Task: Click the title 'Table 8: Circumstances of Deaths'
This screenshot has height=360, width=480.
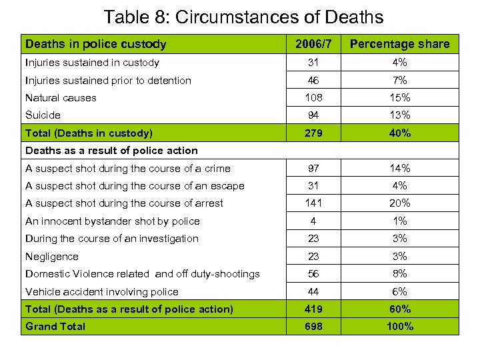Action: [x=243, y=16]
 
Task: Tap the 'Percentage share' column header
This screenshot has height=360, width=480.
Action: [x=399, y=44]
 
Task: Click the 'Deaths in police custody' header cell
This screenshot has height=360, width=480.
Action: [x=95, y=44]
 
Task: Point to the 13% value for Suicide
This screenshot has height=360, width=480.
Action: [x=399, y=115]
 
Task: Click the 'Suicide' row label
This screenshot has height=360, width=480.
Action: [x=43, y=115]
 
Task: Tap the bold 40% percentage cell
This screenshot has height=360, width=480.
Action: [x=399, y=133]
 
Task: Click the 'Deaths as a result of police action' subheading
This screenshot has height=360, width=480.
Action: [x=111, y=150]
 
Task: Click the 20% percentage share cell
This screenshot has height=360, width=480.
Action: [x=399, y=203]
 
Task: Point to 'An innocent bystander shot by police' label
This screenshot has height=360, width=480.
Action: [x=112, y=221]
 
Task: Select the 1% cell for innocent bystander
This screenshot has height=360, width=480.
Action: [x=399, y=221]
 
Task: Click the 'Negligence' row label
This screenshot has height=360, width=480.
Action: [x=51, y=256]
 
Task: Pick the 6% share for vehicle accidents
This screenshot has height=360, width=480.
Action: [x=399, y=291]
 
